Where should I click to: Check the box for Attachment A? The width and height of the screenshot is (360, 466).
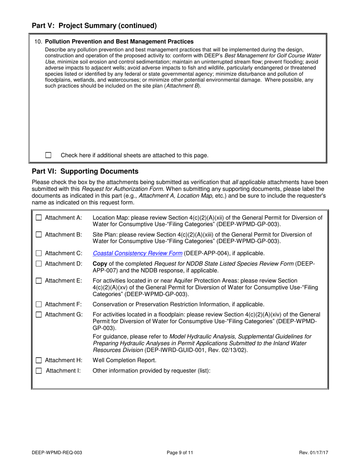point(39,218)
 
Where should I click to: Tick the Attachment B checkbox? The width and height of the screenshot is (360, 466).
point(39,235)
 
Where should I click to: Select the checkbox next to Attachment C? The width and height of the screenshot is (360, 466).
point(39,253)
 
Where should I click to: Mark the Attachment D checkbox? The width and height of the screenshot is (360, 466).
point(39,264)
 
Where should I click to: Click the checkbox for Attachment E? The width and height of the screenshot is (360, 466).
point(39,281)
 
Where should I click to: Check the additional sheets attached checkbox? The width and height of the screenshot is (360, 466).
point(48,155)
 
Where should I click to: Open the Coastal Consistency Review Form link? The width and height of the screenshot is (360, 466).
point(137,253)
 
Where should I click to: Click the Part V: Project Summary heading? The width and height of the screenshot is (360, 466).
point(94,26)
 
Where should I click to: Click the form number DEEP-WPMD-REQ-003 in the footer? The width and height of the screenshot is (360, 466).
point(57,452)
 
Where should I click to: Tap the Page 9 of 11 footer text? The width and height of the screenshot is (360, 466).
point(180,452)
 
